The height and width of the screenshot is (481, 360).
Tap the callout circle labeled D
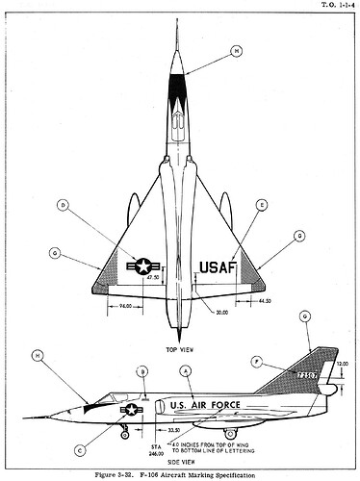click(64, 205)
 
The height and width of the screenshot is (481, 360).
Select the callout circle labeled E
click(262, 205)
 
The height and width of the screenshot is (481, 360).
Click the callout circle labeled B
click(141, 370)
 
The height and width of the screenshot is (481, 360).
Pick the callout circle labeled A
click(186, 369)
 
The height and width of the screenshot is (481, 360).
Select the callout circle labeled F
click(254, 361)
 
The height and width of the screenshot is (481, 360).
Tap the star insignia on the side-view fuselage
click(130, 410)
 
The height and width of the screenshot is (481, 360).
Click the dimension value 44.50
click(266, 301)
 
